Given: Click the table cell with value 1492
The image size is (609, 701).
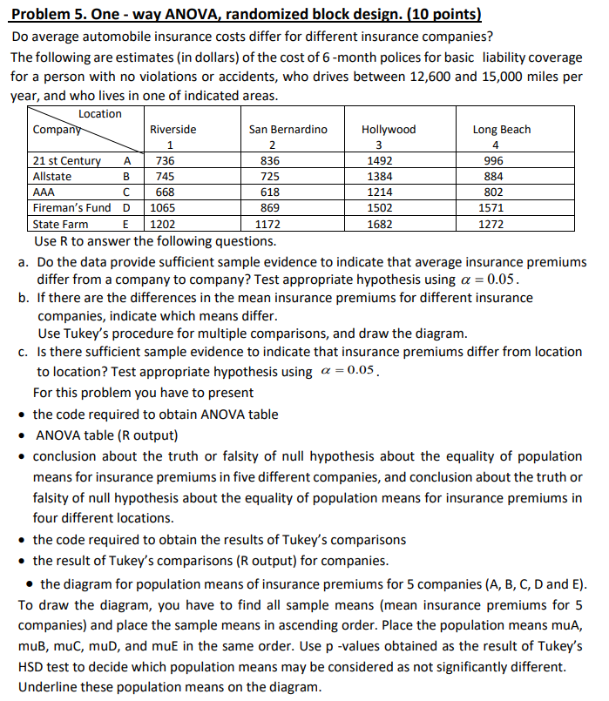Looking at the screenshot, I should (381, 160).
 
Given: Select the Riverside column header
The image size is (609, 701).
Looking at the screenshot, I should (173, 129).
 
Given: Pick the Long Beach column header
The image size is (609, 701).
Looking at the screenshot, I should (501, 129).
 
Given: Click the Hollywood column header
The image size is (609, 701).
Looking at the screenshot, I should (389, 129).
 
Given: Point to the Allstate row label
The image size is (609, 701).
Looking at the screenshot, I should (52, 176).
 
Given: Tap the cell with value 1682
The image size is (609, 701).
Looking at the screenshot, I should (381, 224).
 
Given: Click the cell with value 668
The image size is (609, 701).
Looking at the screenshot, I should (165, 192).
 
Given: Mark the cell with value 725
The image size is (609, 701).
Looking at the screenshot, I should (271, 176).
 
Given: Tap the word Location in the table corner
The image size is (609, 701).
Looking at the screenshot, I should (100, 114).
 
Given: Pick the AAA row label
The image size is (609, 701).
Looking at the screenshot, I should (43, 192).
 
